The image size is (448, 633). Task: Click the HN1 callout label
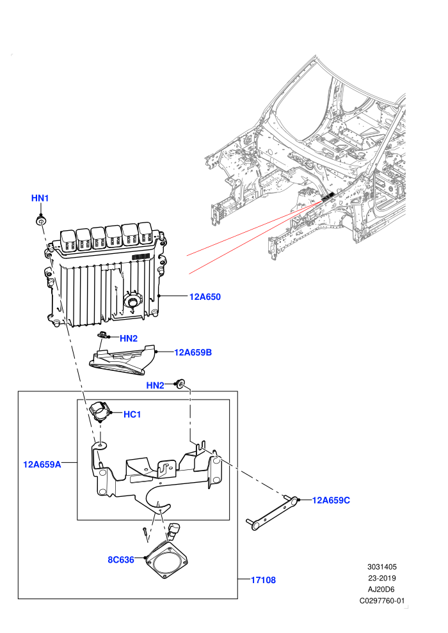(x=40, y=198)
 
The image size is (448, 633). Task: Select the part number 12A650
(x=205, y=297)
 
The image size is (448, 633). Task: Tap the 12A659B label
(x=193, y=352)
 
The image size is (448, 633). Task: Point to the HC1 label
(x=132, y=414)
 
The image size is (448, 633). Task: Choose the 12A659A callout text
(x=42, y=464)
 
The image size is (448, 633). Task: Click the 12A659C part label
(x=331, y=500)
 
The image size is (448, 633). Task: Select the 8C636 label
(x=121, y=560)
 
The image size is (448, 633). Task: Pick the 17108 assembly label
(x=264, y=580)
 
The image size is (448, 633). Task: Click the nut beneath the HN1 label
(x=41, y=221)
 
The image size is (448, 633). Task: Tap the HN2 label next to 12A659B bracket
(x=129, y=338)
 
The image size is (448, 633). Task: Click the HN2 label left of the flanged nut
(x=155, y=386)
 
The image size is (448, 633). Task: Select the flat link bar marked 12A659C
(x=272, y=513)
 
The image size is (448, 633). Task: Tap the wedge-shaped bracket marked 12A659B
(x=122, y=359)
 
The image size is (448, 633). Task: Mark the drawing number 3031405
(x=382, y=567)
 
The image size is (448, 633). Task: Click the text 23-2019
(x=382, y=578)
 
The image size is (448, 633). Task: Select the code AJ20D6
(x=381, y=590)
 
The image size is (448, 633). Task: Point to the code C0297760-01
(x=382, y=600)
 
